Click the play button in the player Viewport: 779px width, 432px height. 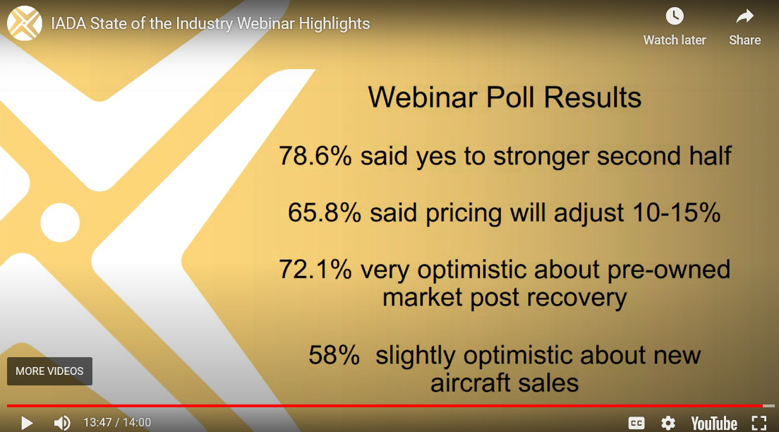coord(27,423)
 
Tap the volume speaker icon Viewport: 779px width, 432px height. coord(62,423)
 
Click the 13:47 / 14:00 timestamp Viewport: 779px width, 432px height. coord(117,423)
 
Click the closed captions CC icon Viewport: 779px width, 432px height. coord(636,423)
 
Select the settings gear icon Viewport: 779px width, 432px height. coord(668,423)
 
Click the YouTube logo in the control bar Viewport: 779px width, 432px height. coord(714,424)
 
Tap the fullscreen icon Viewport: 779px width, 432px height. coord(759,423)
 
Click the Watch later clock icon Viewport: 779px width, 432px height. coord(674,16)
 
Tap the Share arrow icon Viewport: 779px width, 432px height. coord(744,17)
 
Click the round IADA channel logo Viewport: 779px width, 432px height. coord(24,23)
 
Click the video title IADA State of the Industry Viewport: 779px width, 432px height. coord(210,23)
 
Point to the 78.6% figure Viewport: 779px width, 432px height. coord(315,155)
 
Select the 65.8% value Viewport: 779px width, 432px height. coord(325,212)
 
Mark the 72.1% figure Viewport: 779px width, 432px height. coord(315,270)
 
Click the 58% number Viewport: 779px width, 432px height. coord(334,355)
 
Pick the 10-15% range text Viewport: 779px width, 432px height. coord(677,212)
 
